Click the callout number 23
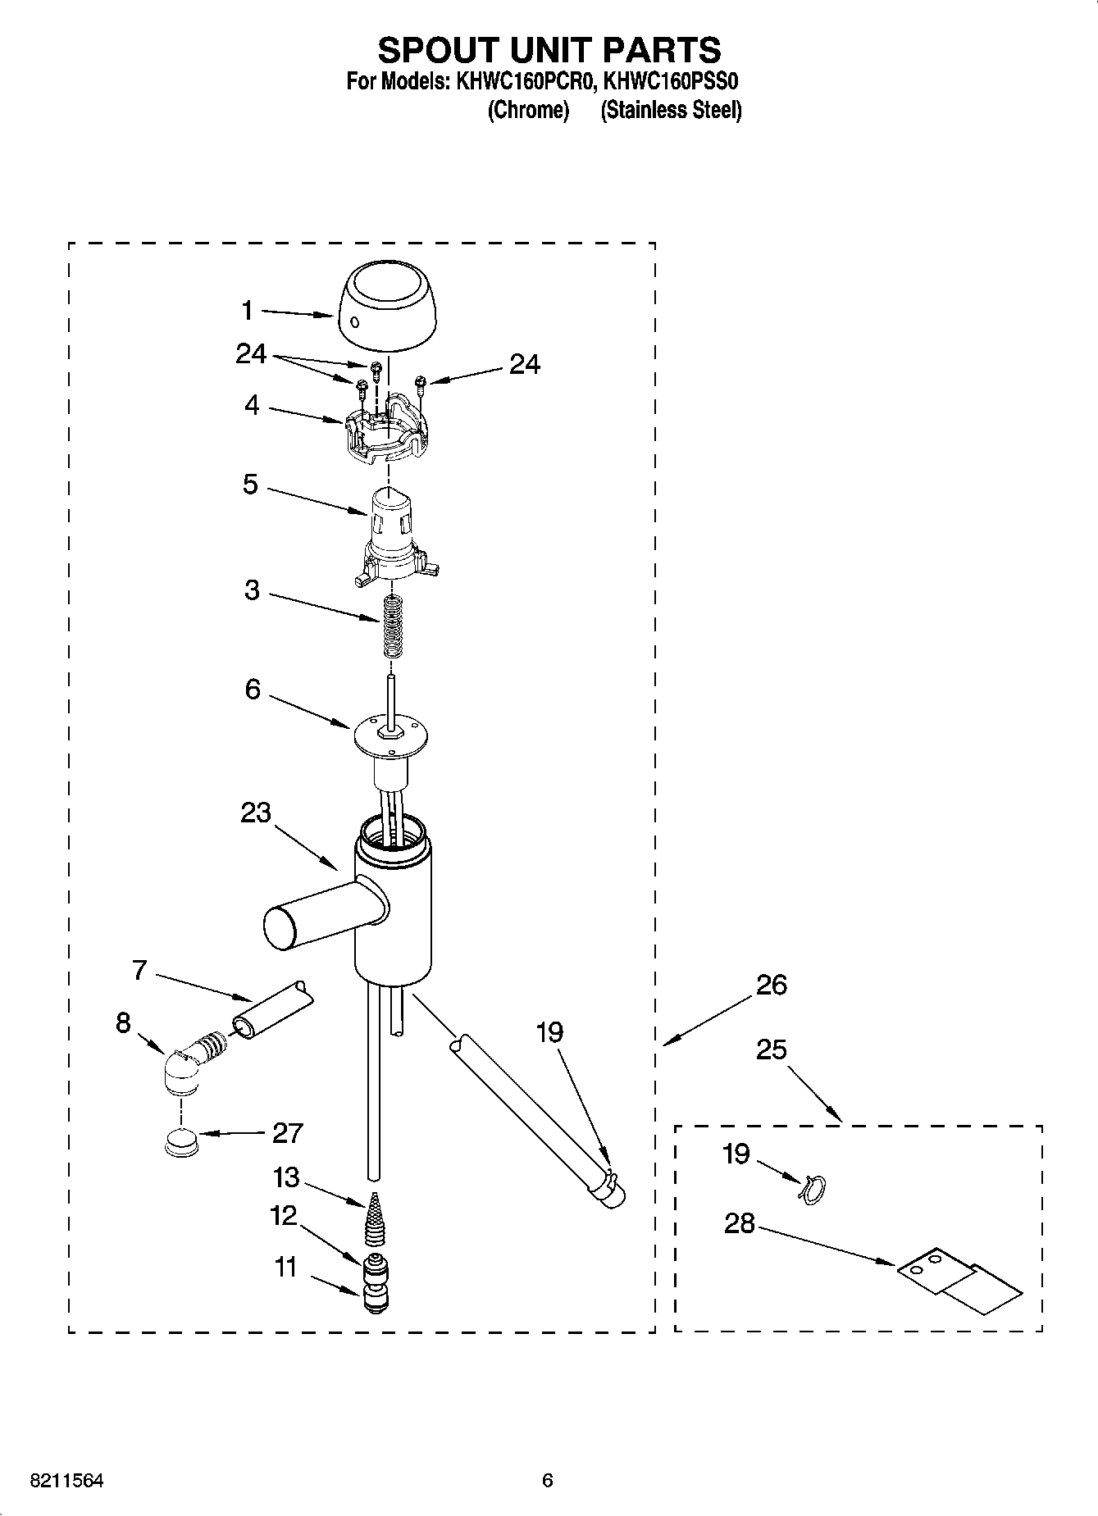pyautogui.click(x=255, y=813)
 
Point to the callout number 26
pyautogui.click(x=771, y=984)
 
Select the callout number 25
pyautogui.click(x=771, y=1049)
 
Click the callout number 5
pyautogui.click(x=250, y=484)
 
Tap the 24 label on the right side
pyautogui.click(x=525, y=364)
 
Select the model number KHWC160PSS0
pyautogui.click(x=672, y=82)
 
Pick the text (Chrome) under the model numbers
pyautogui.click(x=528, y=110)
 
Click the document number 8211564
pyautogui.click(x=67, y=1481)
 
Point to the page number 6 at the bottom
pyautogui.click(x=548, y=1481)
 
